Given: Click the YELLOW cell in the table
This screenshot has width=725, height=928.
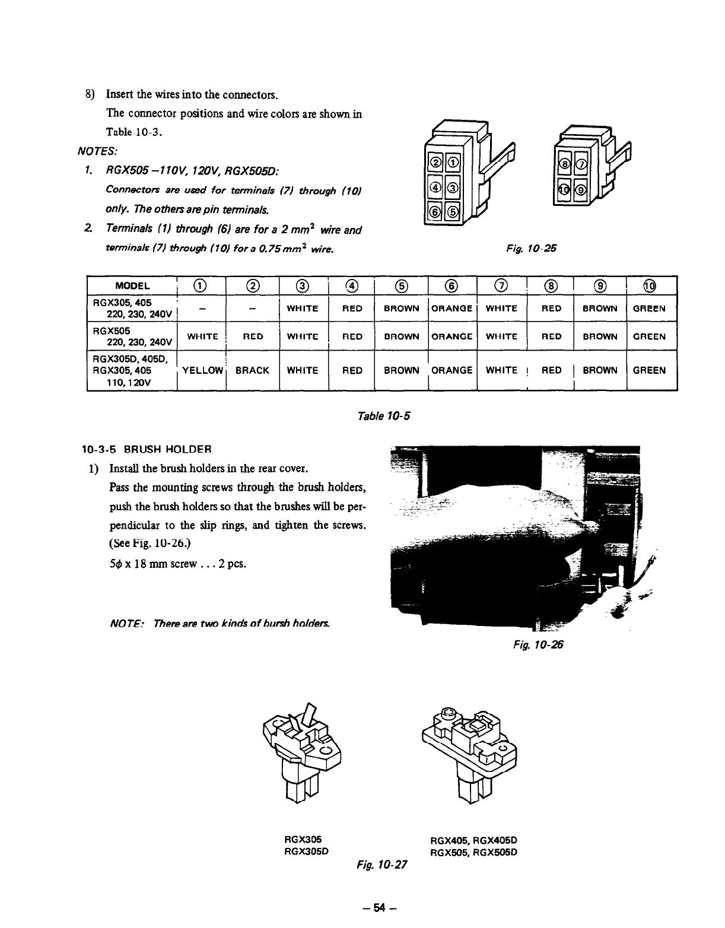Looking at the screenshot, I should (202, 371).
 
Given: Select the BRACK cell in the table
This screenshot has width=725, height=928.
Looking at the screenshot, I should (253, 371).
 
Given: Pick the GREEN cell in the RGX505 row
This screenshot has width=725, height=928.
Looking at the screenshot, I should (650, 336).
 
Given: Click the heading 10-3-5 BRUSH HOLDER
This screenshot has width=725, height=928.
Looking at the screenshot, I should (147, 448).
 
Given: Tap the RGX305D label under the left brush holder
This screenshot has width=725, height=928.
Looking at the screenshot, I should (307, 850).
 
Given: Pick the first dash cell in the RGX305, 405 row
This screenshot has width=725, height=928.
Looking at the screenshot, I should (202, 309).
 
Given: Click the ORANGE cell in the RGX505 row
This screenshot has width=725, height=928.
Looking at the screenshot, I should (451, 336).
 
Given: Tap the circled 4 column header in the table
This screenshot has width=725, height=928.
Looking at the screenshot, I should (352, 286).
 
